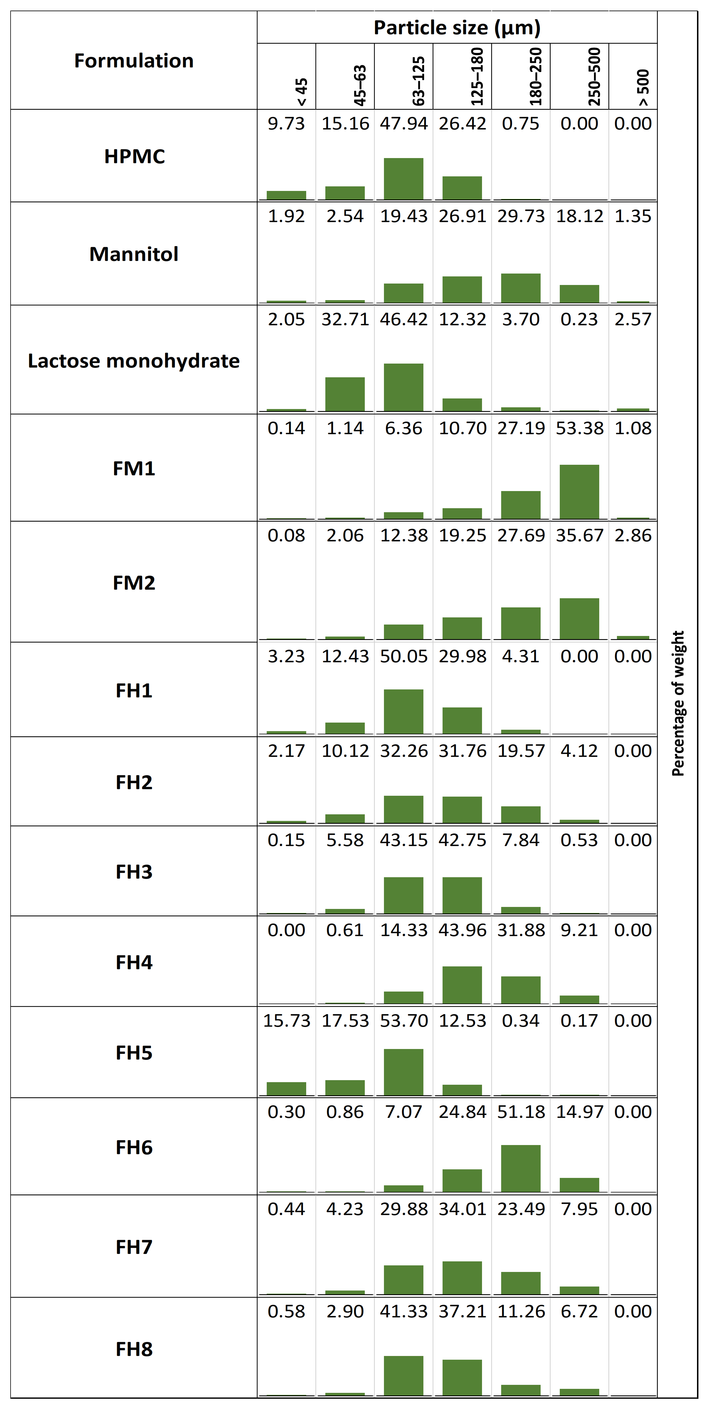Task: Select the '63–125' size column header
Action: (418, 81)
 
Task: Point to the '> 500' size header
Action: (643, 87)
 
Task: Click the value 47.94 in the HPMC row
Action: (403, 123)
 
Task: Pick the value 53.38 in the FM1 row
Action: (579, 428)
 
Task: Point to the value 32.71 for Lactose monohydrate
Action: (345, 319)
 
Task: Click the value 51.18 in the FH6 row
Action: (521, 1112)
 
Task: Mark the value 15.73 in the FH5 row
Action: (286, 1020)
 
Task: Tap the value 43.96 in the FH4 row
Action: (462, 930)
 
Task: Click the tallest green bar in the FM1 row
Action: (579, 492)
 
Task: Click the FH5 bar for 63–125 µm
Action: (403, 1072)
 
